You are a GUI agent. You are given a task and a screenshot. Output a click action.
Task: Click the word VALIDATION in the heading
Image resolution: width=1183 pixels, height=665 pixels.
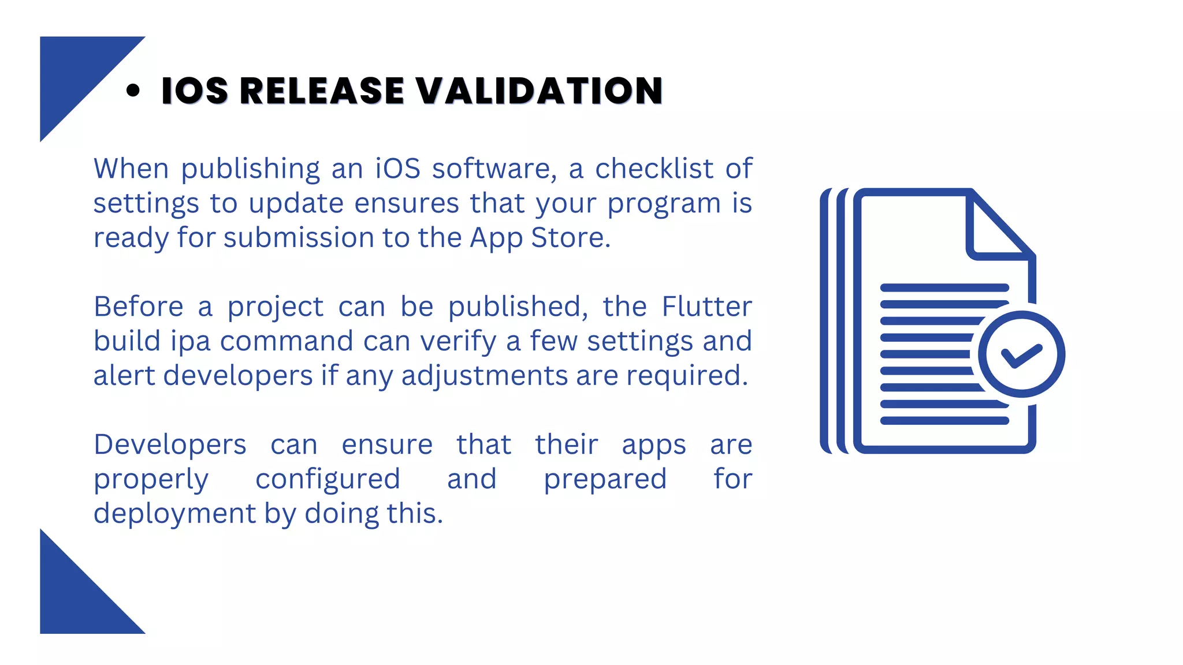[539, 91]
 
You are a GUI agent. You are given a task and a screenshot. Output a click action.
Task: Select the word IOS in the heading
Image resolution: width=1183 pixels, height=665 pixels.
[195, 91]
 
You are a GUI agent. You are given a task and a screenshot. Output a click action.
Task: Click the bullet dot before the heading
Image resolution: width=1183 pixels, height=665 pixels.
[133, 91]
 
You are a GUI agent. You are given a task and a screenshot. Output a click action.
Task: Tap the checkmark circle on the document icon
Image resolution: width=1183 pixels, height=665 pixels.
[1021, 354]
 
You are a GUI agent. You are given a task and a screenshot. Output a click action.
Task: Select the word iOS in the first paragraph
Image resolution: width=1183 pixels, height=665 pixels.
[397, 169]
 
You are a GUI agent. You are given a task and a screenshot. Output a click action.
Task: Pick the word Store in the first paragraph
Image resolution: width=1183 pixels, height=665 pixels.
[570, 238]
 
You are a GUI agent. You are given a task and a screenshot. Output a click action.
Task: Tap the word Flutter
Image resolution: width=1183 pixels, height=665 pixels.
[706, 307]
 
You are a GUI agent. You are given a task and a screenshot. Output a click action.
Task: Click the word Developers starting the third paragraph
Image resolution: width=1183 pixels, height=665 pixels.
[170, 444]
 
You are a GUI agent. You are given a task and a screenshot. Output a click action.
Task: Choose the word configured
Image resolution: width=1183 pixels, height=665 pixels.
[328, 479]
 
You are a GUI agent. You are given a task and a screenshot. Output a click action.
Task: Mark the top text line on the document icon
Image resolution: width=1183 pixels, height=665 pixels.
[944, 287]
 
